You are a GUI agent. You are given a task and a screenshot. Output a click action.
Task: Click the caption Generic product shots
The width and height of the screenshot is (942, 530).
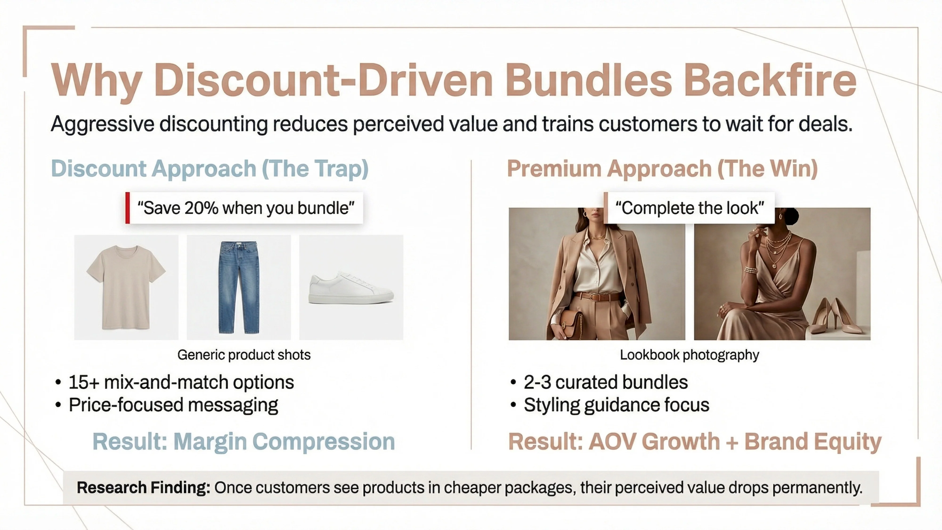[244, 355]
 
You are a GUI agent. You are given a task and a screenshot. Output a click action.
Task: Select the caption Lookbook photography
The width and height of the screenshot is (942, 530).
[689, 355]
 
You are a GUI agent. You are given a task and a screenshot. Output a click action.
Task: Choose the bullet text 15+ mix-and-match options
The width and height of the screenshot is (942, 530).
[181, 382]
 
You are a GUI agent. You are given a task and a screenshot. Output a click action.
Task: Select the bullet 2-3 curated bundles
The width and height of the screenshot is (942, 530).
[605, 382]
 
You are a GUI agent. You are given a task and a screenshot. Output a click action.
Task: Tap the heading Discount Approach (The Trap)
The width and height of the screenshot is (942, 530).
[210, 169]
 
